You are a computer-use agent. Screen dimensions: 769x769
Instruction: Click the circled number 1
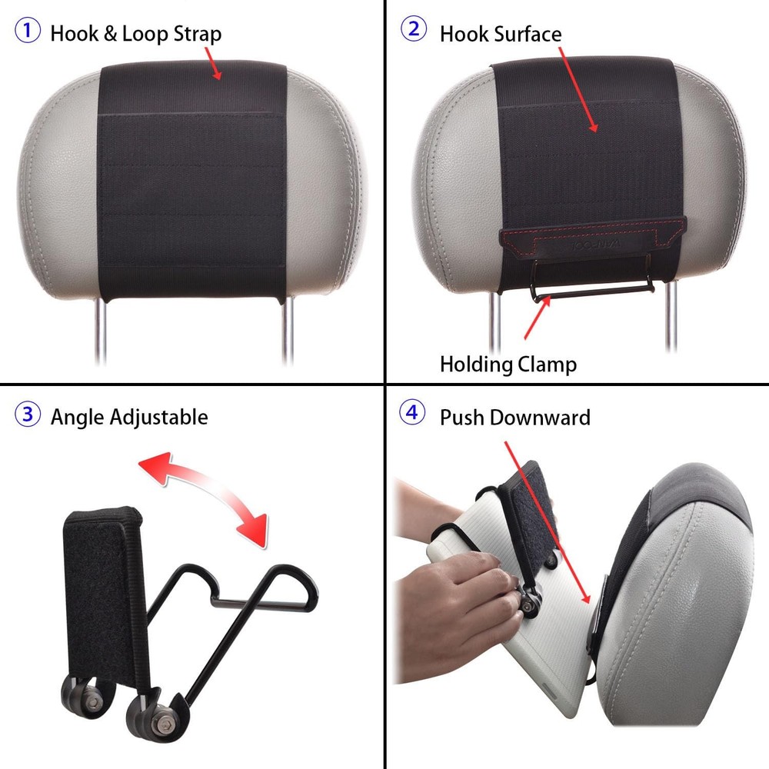point(27,32)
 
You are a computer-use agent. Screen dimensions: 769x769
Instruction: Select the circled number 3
point(27,415)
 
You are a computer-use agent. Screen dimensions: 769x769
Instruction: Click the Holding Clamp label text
point(508,364)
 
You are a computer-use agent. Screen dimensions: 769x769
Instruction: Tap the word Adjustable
point(159,418)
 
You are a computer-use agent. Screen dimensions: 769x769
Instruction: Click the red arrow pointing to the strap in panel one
point(214,63)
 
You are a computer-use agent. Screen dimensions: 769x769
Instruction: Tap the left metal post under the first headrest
point(101,331)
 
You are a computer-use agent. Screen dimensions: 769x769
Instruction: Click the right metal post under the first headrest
point(288,331)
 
